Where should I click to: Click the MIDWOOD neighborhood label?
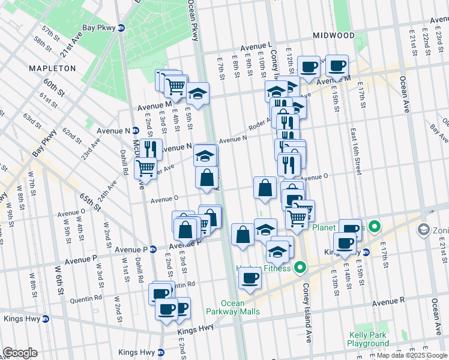tap(334, 35)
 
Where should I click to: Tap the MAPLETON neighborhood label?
tap(53, 68)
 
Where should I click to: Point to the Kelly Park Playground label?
tap(368, 340)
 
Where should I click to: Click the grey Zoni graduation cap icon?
tap(423, 230)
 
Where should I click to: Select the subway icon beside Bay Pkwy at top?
tap(121, 28)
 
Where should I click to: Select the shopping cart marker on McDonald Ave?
tap(145, 169)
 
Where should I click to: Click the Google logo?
tap(20, 353)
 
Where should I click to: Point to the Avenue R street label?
tap(388, 299)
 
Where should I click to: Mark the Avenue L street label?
tap(256, 46)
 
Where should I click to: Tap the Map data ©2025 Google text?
tap(412, 355)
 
